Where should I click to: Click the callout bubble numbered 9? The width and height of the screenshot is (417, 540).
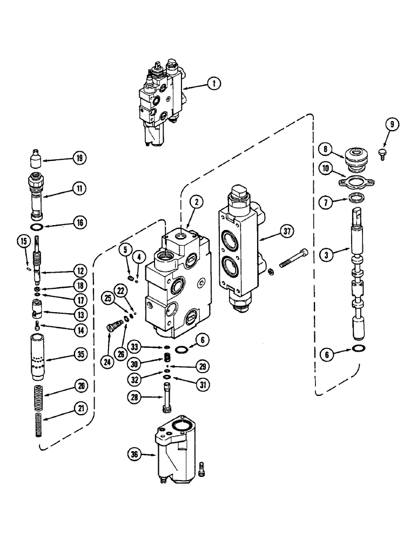pyautogui.click(x=393, y=125)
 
